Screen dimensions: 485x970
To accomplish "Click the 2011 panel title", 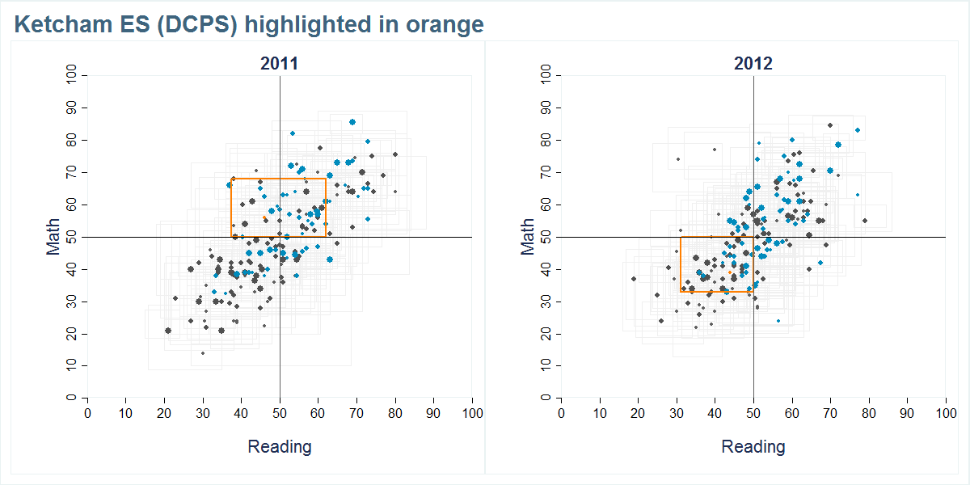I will [x=279, y=64].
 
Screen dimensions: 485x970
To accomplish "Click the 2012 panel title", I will [x=753, y=64].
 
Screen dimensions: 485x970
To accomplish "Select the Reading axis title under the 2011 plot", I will [x=279, y=446].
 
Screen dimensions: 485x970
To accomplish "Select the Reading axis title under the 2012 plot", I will [x=753, y=446].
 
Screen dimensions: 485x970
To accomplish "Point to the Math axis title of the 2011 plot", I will [x=53, y=236].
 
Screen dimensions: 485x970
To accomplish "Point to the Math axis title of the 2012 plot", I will [x=527, y=236].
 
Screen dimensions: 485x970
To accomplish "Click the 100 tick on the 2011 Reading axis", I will [x=472, y=413].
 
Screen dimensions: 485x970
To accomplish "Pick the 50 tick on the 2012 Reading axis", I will [x=753, y=413].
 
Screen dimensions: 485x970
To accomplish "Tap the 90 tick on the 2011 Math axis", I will [x=72, y=108].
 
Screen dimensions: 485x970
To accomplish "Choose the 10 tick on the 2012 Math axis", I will [x=546, y=366].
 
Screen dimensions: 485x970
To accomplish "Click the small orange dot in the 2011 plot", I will [x=265, y=218].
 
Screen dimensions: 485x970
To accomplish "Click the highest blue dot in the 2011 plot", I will [x=352, y=122].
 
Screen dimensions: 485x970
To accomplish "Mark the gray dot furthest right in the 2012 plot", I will [x=864, y=221].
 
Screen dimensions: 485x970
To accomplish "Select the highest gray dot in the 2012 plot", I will [x=829, y=125].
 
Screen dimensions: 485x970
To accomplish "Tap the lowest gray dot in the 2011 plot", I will [x=202, y=353].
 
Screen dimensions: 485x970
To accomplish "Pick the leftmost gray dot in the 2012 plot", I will [x=634, y=279].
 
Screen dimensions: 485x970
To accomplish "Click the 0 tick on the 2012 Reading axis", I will [x=561, y=413].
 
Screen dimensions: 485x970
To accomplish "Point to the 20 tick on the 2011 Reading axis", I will [x=164, y=413].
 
